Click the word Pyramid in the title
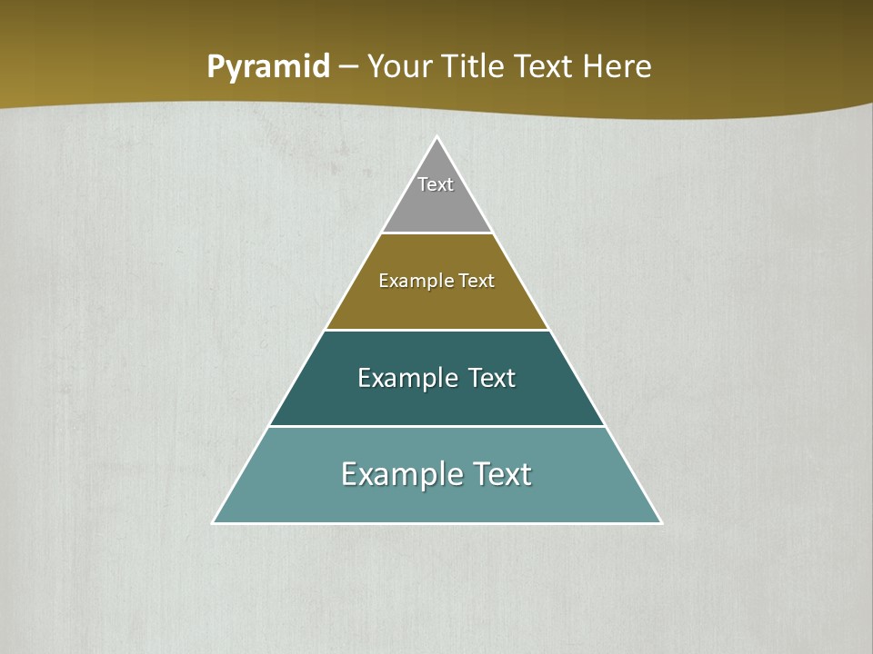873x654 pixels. click(268, 67)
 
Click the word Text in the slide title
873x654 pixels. click(543, 67)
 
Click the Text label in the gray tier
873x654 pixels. click(436, 184)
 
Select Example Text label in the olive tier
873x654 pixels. click(436, 281)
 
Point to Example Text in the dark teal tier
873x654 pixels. click(436, 378)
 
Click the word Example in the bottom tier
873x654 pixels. click(394, 474)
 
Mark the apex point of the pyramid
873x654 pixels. click(437, 138)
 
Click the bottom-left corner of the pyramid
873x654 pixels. click(214, 522)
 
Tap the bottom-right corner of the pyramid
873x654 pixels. click(661, 522)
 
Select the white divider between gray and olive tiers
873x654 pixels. click(437, 233)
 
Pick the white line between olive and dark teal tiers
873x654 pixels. click(437, 330)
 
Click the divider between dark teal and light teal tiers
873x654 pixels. click(437, 426)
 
